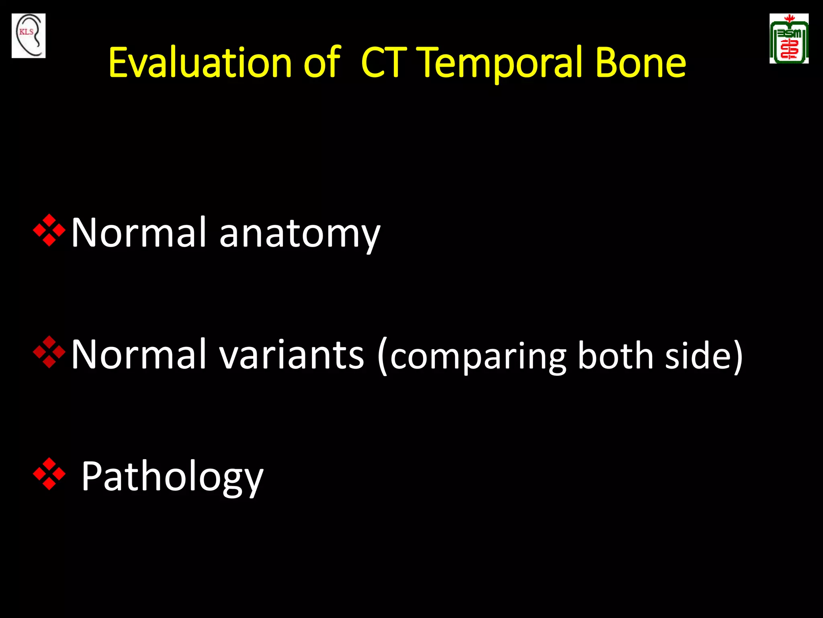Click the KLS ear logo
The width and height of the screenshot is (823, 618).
[29, 35]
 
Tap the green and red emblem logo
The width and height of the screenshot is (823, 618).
[789, 39]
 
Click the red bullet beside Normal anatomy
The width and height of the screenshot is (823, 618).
[49, 231]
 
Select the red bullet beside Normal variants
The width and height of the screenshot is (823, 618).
[49, 352]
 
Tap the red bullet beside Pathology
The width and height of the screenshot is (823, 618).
[49, 474]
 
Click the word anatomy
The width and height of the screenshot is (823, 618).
[299, 233]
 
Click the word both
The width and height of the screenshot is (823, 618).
[615, 355]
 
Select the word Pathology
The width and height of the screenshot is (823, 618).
[172, 477]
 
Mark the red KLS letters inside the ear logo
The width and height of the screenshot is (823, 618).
[27, 32]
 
